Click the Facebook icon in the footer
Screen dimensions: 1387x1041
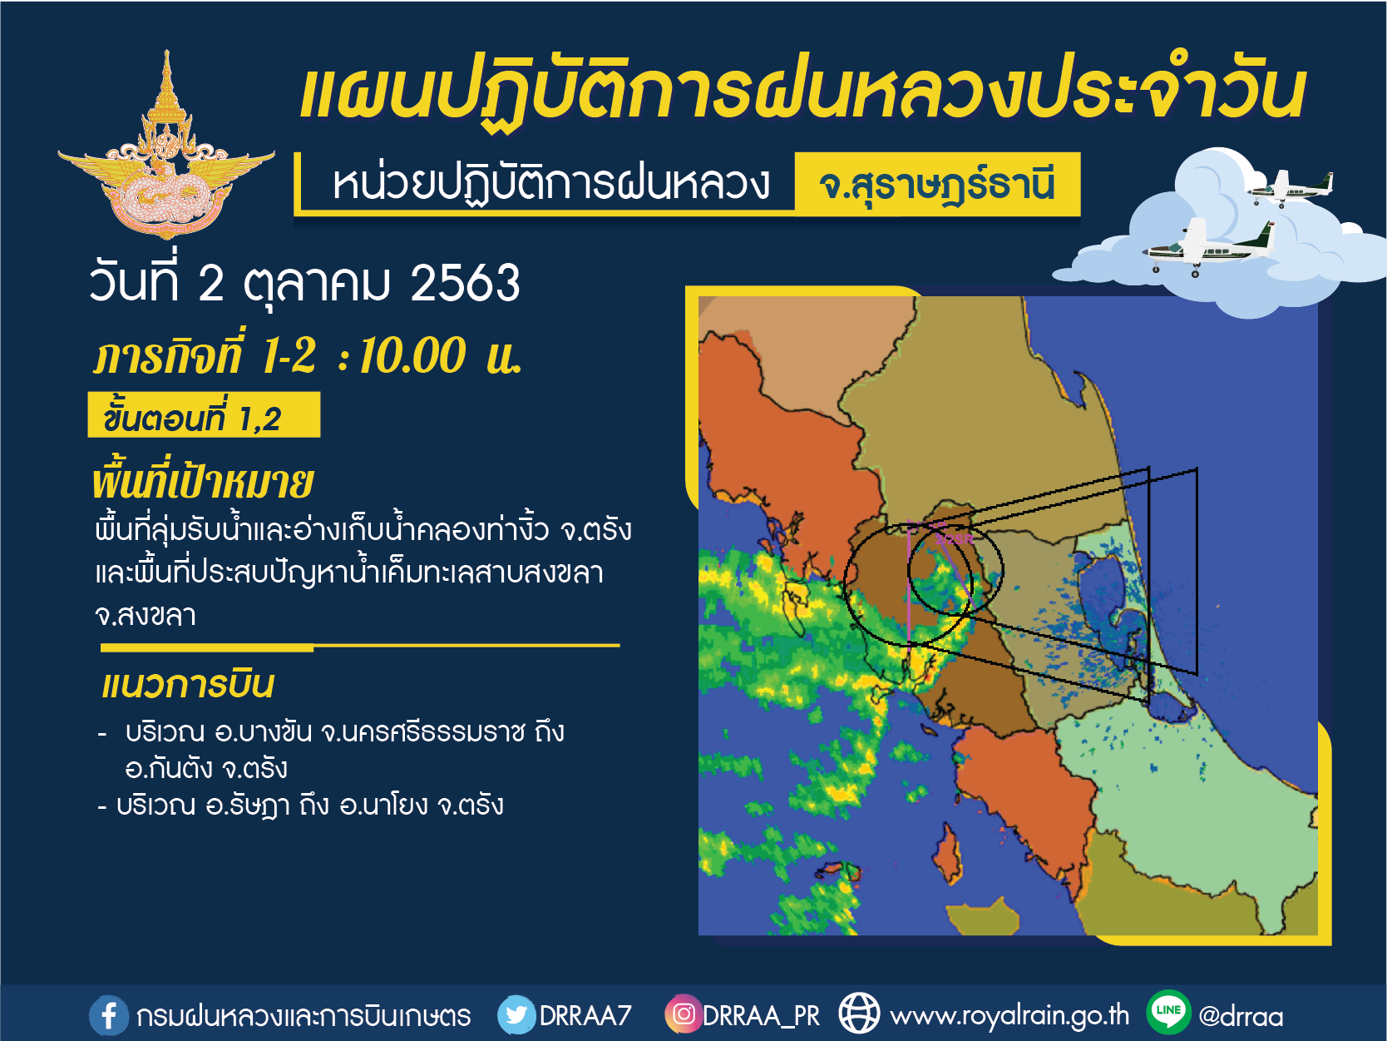[x=108, y=1015]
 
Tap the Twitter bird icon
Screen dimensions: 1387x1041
[x=516, y=1014]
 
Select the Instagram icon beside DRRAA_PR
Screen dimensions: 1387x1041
[x=683, y=1014]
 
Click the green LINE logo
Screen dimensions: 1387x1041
[x=1168, y=1012]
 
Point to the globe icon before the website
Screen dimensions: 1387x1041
[x=859, y=1014]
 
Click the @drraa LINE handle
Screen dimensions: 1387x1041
[x=1241, y=1016]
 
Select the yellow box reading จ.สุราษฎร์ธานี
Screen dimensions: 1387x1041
[x=938, y=184]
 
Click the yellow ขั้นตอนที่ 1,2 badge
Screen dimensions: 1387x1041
[x=204, y=415]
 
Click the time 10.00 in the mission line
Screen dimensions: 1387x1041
[x=412, y=356]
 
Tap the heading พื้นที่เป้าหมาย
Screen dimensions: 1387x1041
[x=203, y=483]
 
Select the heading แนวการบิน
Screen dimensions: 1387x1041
[x=188, y=685]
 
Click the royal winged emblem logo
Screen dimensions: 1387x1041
[x=166, y=146]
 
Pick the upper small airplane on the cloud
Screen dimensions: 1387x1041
[x=1291, y=187]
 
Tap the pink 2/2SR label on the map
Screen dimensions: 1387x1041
[x=954, y=539]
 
